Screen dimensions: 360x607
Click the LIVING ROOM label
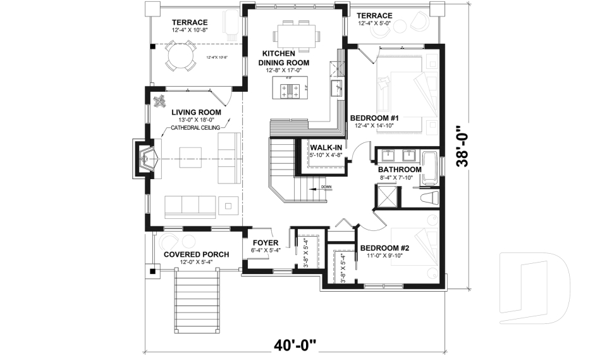[x=196, y=112]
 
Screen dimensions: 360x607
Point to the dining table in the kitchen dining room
[x=295, y=35]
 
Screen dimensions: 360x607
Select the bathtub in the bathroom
[x=429, y=167]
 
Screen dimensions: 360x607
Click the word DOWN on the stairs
[x=326, y=187]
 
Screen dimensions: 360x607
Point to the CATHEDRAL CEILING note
[x=195, y=128]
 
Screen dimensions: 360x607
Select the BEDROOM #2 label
[x=384, y=248]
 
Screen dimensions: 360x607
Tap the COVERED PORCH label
[x=196, y=254]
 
